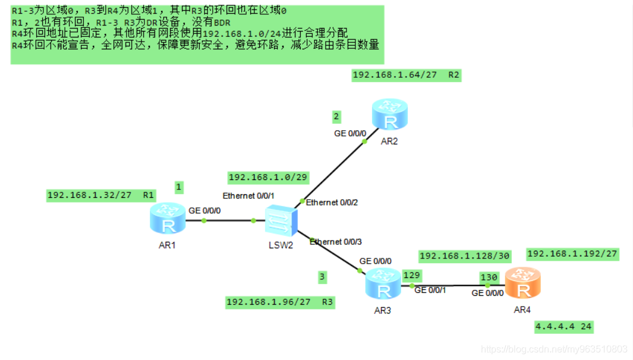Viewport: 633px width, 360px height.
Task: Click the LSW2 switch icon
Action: [279, 220]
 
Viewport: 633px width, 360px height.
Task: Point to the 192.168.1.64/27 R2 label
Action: [407, 75]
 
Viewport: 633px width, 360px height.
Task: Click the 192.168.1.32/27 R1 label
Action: [101, 195]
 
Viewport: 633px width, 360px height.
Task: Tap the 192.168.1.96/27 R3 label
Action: [280, 302]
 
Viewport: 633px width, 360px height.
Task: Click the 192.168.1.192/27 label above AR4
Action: [572, 254]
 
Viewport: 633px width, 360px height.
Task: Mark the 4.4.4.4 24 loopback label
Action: [563, 327]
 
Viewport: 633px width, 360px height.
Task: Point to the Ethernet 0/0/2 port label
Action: [332, 203]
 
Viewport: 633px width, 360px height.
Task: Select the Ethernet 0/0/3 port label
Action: [335, 242]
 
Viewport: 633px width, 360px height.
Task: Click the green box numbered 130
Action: [489, 277]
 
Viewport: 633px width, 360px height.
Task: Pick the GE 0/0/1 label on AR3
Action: [430, 290]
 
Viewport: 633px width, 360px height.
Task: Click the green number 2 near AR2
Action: [336, 116]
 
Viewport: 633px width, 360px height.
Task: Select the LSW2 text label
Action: [280, 245]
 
